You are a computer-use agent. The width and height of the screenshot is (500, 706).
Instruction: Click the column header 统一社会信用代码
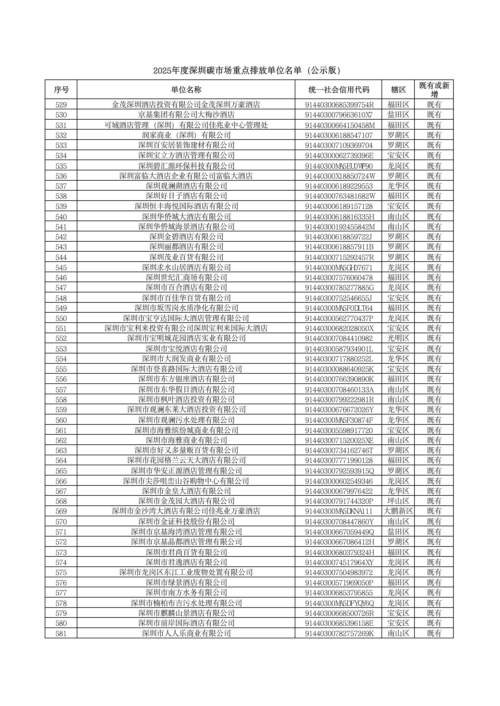pyautogui.click(x=339, y=89)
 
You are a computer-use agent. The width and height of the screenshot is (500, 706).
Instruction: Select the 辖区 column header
pyautogui.click(x=398, y=89)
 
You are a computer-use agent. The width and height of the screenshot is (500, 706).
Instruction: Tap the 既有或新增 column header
pyautogui.click(x=434, y=89)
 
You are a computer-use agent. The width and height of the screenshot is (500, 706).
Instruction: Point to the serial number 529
pyautogui.click(x=61, y=105)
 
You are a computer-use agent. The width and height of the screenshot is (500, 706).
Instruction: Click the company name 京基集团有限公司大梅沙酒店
pyautogui.click(x=186, y=115)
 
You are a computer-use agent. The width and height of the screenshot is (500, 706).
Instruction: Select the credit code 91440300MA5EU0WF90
pyautogui.click(x=339, y=166)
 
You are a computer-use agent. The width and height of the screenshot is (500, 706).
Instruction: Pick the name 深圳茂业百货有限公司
pyautogui.click(x=186, y=257)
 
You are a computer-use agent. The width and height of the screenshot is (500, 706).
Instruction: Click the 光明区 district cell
pyautogui.click(x=398, y=338)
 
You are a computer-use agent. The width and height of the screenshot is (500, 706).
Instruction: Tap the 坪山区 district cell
pyautogui.click(x=398, y=501)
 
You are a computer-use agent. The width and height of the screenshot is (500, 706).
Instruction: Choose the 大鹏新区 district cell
pyautogui.click(x=398, y=511)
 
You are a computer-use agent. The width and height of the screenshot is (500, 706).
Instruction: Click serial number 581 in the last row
pyautogui.click(x=61, y=633)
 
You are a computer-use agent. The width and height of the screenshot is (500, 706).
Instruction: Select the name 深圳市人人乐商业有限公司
pyautogui.click(x=186, y=633)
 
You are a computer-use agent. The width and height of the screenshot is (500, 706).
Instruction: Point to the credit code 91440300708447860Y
pyautogui.click(x=339, y=521)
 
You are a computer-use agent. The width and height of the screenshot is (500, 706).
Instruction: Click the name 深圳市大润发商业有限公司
pyautogui.click(x=186, y=359)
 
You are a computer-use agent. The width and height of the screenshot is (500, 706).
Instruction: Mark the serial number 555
pyautogui.click(x=61, y=369)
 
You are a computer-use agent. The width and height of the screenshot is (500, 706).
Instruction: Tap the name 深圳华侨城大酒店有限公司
pyautogui.click(x=186, y=217)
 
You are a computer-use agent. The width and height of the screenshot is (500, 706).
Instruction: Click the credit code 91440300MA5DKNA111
pyautogui.click(x=339, y=511)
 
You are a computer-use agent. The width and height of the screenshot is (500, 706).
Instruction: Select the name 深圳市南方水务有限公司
pyautogui.click(x=186, y=592)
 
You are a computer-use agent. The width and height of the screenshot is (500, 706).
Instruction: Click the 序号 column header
pyautogui.click(x=61, y=89)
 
